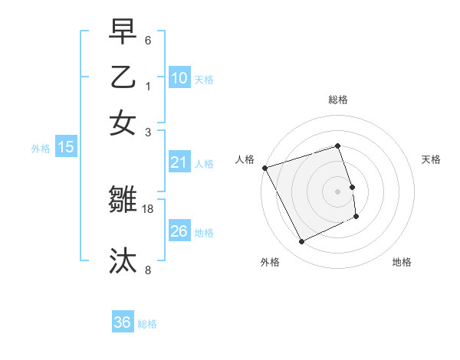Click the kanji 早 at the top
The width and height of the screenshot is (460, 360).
pos(123,33)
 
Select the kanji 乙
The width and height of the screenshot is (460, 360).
pos(123,77)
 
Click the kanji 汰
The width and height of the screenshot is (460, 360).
pos(123,260)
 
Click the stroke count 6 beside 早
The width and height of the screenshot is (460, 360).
pos(148,40)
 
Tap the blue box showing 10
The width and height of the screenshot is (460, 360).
pos(179,78)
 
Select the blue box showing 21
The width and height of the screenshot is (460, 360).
pos(179,162)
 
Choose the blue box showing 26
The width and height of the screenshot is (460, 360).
pos(179,231)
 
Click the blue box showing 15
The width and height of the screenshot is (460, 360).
pos(65,147)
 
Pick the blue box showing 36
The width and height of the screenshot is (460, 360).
pos(122,323)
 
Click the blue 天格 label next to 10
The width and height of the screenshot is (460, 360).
pos(204,80)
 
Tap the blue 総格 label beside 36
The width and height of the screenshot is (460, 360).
pos(147,324)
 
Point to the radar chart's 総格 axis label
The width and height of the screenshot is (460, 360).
pos(337,100)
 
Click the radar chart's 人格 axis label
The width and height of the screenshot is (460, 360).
pos(245,159)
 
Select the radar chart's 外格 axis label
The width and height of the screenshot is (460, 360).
pos(270,262)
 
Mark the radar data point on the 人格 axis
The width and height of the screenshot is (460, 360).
pos(264,168)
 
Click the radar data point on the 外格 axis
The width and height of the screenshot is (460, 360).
pos(301,242)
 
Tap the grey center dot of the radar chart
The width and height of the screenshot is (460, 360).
pos(337,191)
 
